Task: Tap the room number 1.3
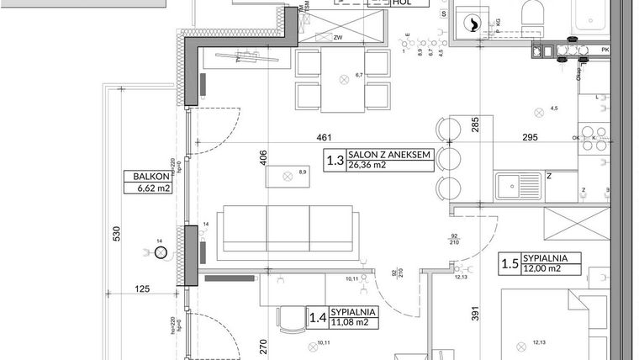(x=335, y=159)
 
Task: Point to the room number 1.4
(x=317, y=316)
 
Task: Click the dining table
(x=344, y=80)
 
